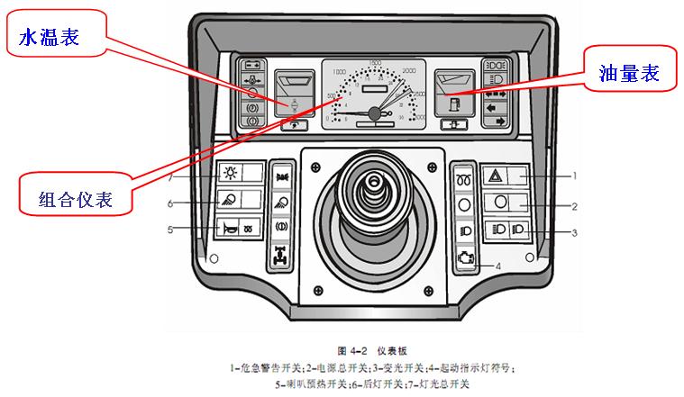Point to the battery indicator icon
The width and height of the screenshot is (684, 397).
click(x=254, y=66)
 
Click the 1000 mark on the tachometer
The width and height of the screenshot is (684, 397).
click(x=339, y=71)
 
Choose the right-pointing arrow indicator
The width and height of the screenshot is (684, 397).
click(x=494, y=120)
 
